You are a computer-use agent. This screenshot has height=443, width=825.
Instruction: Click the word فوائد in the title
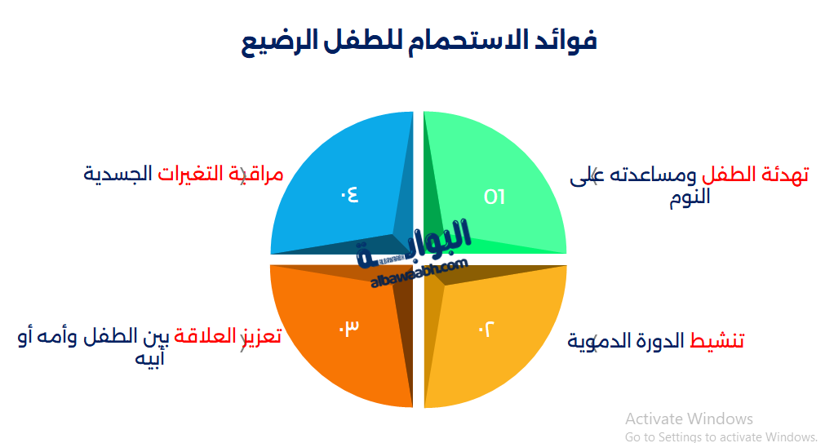(563, 40)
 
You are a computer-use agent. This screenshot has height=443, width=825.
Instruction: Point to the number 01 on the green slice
(495, 197)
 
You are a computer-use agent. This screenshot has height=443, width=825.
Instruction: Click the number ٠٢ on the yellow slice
(486, 329)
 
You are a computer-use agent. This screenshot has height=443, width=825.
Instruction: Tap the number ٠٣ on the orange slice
(349, 327)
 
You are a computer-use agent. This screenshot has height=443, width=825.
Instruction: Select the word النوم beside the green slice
(690, 198)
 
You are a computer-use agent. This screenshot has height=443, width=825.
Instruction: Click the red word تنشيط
(717, 341)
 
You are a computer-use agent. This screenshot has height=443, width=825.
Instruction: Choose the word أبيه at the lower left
(150, 358)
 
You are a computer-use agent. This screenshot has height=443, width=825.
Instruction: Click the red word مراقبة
(262, 174)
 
